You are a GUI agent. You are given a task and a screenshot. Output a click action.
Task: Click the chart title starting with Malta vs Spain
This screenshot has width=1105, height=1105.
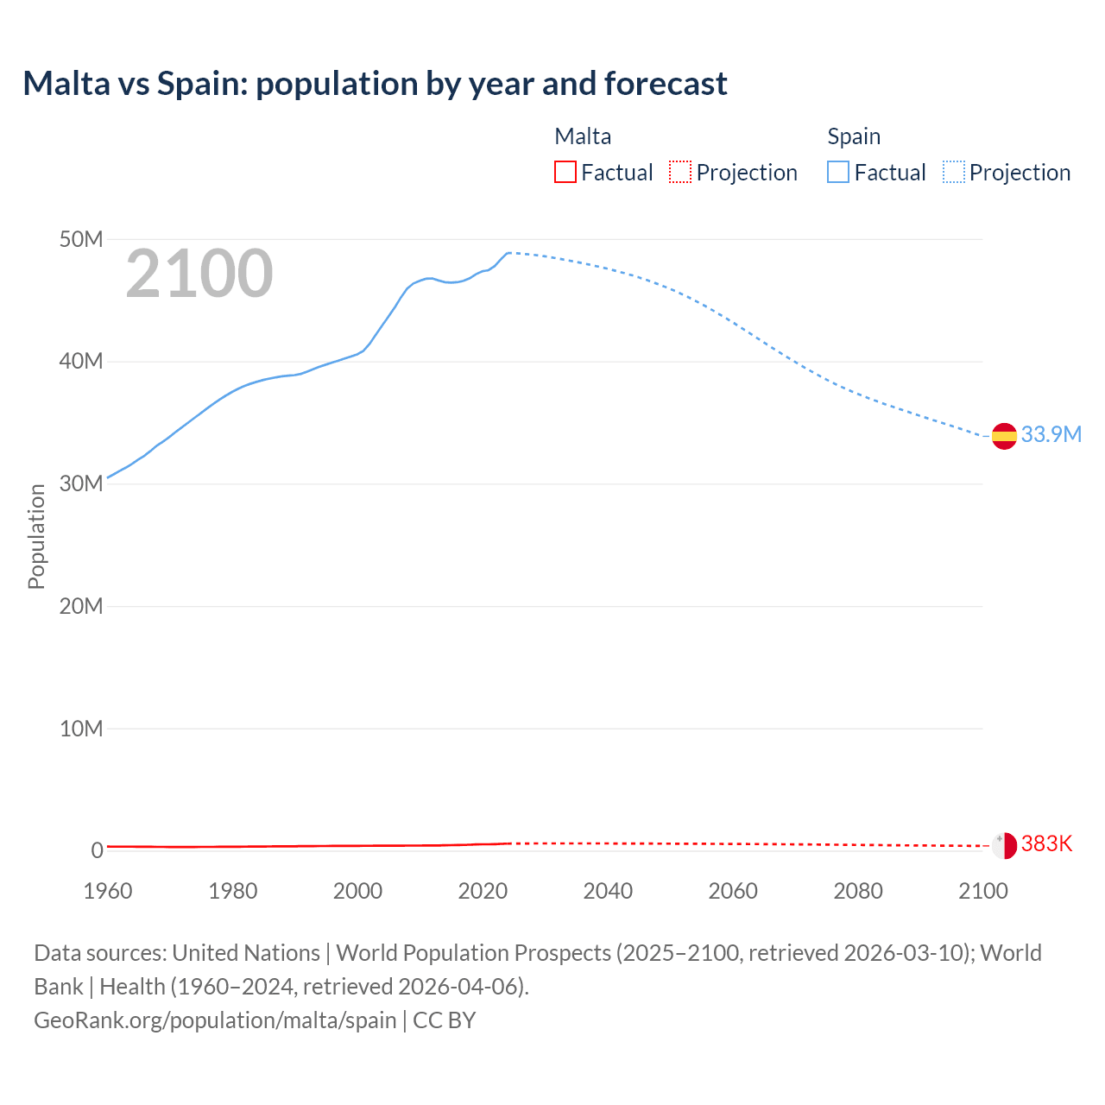coord(375,84)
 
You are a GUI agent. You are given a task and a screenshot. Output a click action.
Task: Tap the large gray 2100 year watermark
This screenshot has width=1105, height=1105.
coord(199,274)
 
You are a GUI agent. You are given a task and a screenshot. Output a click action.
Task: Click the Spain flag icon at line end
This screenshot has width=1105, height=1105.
coord(1004,437)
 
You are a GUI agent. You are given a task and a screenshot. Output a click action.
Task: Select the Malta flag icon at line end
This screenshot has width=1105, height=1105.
coord(1004,845)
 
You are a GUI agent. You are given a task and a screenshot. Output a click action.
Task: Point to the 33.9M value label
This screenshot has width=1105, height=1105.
coord(1051,434)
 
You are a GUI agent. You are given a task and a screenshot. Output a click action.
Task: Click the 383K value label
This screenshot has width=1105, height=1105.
coord(1046,843)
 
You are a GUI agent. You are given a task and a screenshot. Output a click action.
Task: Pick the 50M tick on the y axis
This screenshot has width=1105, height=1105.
coord(81,239)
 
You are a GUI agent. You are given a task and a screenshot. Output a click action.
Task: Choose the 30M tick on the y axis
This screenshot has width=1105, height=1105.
coord(81,483)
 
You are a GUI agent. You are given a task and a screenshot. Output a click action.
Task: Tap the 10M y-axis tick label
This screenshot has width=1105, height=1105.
coord(81,729)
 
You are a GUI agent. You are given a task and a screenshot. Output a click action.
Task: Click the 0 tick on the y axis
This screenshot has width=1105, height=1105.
coord(97,850)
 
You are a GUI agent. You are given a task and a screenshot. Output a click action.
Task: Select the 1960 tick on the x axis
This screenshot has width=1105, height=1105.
coord(108,891)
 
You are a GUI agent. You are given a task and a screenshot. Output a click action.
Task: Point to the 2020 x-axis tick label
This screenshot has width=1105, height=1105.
coord(483,891)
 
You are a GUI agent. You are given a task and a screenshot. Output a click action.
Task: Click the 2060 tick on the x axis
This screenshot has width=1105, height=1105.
coord(733,891)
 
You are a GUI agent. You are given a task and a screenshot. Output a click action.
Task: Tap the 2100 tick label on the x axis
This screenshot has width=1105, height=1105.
coord(982,891)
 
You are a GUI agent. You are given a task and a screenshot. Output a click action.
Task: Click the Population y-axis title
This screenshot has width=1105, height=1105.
coord(36,536)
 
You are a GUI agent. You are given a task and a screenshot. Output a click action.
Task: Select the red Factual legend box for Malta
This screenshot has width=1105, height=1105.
coord(565,173)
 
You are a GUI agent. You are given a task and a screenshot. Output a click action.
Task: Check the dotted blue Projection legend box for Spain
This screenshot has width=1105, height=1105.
coord(954,173)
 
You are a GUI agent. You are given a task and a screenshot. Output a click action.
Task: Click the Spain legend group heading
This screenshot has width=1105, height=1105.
coord(854,136)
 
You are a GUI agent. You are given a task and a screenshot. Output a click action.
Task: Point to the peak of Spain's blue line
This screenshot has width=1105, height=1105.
coord(509,252)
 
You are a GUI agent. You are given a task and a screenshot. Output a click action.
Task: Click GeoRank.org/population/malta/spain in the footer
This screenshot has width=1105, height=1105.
coord(215,1020)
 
